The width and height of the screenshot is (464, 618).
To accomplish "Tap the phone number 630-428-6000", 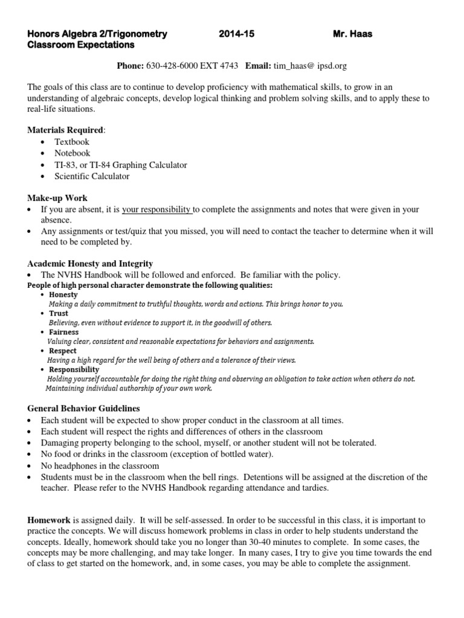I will (175, 65).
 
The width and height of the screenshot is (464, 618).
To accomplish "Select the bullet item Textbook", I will (72, 142).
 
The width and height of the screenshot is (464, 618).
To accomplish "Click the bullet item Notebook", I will (72, 153).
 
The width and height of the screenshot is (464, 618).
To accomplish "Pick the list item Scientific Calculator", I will (92, 176).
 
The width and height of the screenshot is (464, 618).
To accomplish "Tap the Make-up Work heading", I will (58, 198).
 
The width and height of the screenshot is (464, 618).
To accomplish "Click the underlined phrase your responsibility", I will (156, 209).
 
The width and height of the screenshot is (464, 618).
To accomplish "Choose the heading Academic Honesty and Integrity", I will (90, 263).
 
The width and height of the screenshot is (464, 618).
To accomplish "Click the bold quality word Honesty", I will (63, 294).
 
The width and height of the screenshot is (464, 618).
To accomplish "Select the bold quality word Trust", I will (59, 313).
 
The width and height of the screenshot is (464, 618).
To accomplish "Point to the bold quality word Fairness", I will (64, 332).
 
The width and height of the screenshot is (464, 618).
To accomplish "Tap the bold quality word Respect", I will (63, 351).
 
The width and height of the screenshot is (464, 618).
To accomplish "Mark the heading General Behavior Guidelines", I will (84, 409).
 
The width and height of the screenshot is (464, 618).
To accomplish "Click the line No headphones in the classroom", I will (100, 465).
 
